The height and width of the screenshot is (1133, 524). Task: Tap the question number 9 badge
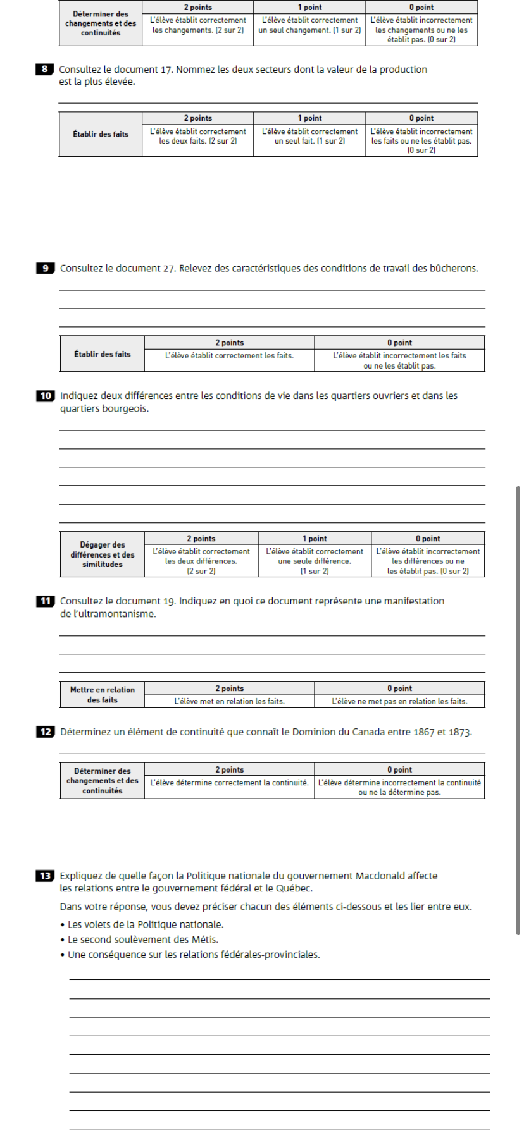[45, 269]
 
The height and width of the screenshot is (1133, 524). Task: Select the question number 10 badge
[45, 396]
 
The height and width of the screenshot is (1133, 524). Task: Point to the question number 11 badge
[45, 601]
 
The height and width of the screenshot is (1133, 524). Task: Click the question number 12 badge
[45, 732]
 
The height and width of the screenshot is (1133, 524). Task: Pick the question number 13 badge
[45, 876]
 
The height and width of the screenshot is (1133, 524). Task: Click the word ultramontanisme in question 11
[122, 614]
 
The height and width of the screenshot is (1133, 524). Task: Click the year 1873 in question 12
[461, 732]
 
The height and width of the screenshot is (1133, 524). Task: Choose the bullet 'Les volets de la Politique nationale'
[146, 924]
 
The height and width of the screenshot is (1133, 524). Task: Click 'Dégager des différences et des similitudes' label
[102, 554]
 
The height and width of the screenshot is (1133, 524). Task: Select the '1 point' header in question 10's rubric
[315, 539]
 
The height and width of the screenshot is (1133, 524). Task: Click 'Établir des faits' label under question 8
[100, 134]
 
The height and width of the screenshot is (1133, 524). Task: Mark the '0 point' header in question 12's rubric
[399, 770]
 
